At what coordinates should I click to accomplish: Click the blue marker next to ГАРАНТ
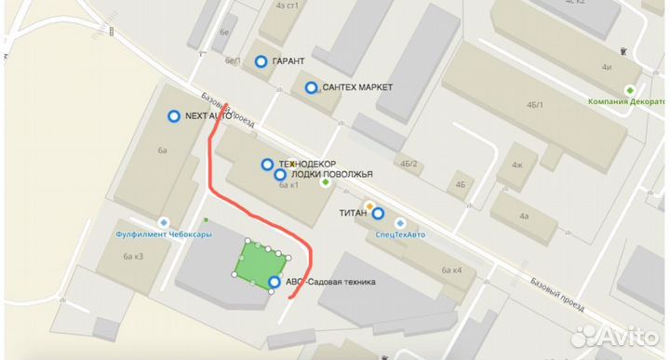pos(261,61)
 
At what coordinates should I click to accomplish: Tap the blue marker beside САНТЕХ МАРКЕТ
pos(311,87)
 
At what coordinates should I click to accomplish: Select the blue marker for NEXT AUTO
pos(173,116)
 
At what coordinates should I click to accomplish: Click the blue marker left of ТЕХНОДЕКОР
pos(267,165)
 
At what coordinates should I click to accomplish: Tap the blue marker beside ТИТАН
pos(378,213)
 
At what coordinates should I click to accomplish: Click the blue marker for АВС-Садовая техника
pos(275,282)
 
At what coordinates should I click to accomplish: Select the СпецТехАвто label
pos(399,234)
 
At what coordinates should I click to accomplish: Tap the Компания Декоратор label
pos(629,101)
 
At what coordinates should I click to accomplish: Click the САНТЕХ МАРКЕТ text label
pos(358,87)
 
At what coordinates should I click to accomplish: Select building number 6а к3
pos(135,256)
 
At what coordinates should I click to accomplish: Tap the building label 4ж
pos(516,166)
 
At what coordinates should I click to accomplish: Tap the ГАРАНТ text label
pos(289,61)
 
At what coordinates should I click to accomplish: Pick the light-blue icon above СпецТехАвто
pos(400,222)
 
